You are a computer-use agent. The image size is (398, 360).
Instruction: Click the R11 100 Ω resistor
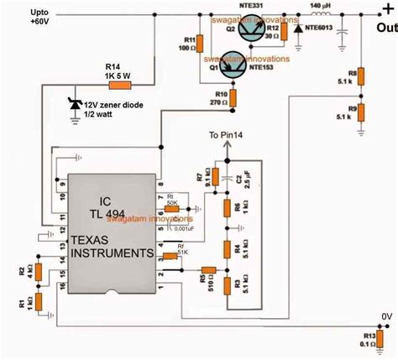click(201, 44)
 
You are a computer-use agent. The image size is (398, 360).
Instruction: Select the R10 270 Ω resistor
click(234, 98)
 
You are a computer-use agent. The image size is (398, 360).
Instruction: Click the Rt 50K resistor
click(173, 207)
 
